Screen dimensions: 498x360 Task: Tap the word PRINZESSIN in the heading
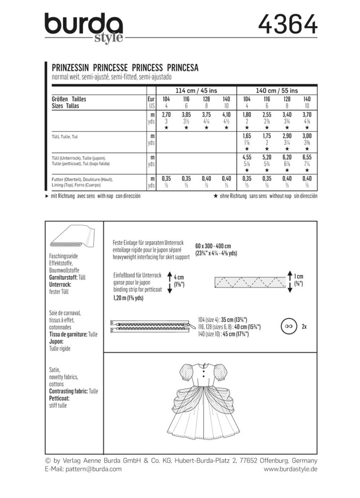69,67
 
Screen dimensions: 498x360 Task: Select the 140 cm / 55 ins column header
277,90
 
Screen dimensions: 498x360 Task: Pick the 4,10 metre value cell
226,115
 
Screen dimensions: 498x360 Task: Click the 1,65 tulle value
247,136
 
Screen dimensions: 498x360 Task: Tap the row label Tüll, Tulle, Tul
64,136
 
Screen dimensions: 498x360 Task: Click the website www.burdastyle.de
290,469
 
